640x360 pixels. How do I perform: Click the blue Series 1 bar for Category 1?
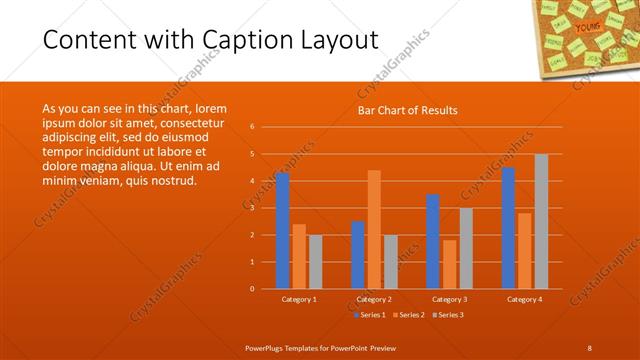point(282,231)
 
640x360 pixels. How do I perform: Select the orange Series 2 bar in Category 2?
point(374,230)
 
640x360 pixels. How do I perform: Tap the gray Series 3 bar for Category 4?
point(541,222)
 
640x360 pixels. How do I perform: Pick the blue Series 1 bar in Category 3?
point(433,242)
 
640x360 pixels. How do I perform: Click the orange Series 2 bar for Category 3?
point(449,264)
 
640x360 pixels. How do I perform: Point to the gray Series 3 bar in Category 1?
point(315,262)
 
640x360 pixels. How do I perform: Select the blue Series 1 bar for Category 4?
point(508,228)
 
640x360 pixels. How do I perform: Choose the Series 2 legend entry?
point(409,314)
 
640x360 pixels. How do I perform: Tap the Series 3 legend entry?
point(448,314)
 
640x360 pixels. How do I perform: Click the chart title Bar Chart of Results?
point(408,111)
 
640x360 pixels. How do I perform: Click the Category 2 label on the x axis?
point(374,299)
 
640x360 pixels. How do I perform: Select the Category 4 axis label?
point(524,299)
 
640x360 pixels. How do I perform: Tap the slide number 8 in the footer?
point(589,347)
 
